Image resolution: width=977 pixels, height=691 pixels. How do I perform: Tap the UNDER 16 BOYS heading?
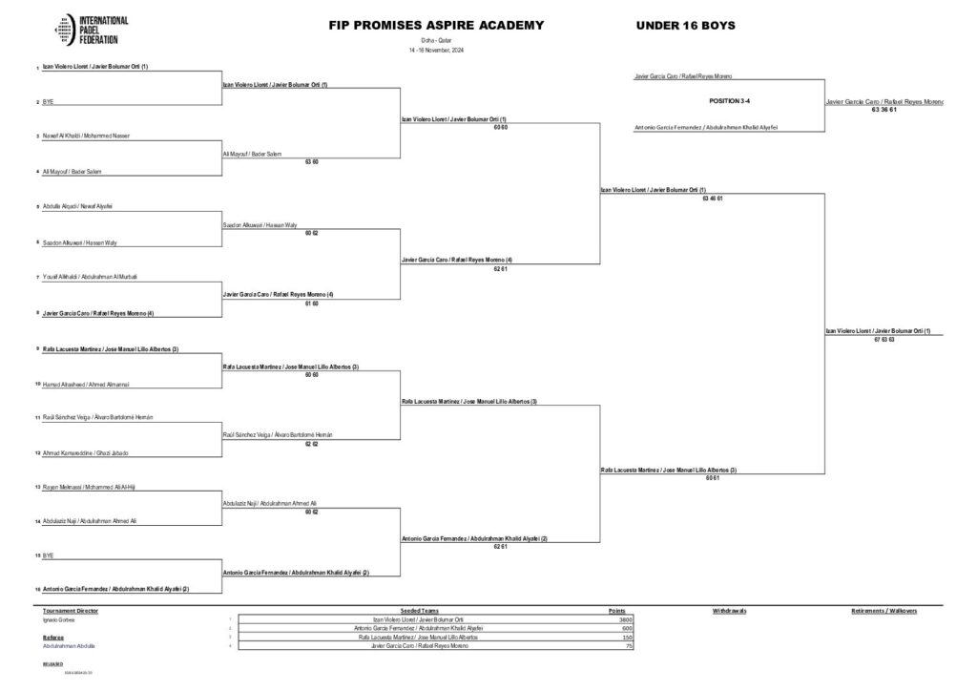click(685, 25)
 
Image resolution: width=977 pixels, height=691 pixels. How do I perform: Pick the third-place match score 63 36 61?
click(883, 109)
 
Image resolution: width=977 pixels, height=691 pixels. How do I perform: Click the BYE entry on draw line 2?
click(48, 101)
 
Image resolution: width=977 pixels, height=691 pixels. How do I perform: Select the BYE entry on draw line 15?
click(48, 554)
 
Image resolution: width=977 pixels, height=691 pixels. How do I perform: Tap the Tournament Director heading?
click(71, 609)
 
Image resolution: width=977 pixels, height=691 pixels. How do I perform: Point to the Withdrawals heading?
click(729, 609)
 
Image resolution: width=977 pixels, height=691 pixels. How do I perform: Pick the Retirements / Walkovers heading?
click(883, 609)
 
